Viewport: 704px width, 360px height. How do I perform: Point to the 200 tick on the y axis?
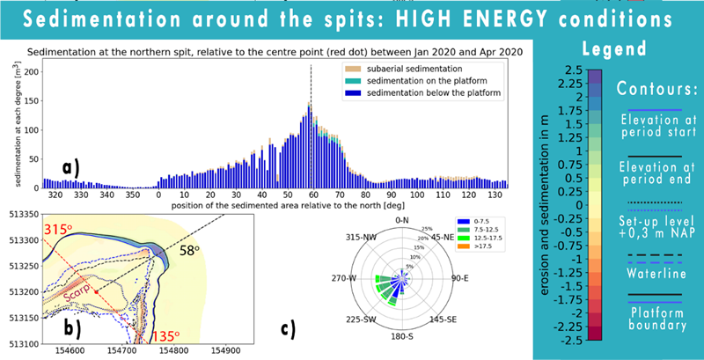pyautogui.click(x=30, y=70)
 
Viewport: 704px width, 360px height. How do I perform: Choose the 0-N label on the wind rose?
pyautogui.click(x=402, y=219)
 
